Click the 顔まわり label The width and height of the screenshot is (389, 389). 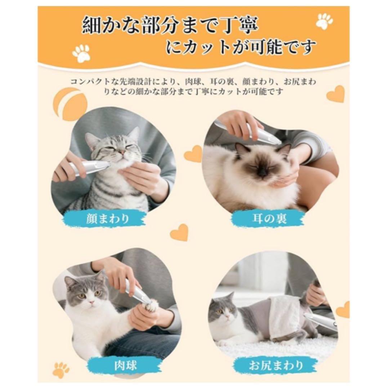click(108, 219)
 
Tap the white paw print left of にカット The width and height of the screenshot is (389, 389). click(81, 53)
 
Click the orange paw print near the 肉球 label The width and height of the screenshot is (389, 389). click(61, 370)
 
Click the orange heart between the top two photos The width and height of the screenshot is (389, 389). click(193, 154)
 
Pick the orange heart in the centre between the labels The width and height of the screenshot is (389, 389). click(179, 232)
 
